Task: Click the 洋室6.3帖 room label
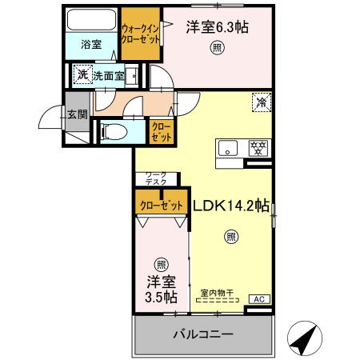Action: tap(218, 26)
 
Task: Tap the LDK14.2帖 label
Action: tap(230, 205)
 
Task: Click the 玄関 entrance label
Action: tap(77, 114)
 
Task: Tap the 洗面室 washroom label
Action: tap(106, 76)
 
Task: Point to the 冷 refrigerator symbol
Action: tap(260, 102)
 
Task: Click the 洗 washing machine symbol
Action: tap(82, 76)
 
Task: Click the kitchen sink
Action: tap(228, 148)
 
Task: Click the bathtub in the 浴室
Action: tap(90, 19)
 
